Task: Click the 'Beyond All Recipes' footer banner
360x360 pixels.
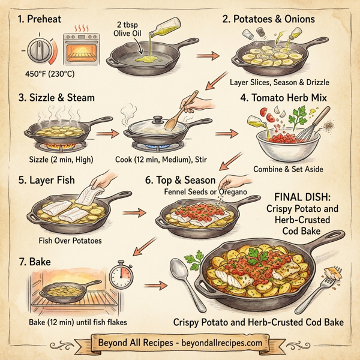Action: click(x=179, y=343)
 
